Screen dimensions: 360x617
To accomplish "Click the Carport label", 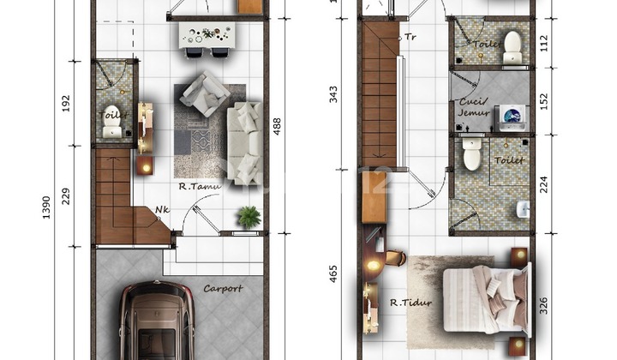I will click(223, 289).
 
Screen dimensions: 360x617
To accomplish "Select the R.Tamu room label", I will click(201, 185).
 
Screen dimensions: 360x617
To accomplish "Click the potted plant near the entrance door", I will click(249, 217).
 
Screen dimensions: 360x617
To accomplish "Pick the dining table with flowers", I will click(207, 35).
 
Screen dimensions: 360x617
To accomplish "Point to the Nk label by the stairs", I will click(162, 209).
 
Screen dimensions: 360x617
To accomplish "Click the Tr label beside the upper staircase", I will click(410, 37).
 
